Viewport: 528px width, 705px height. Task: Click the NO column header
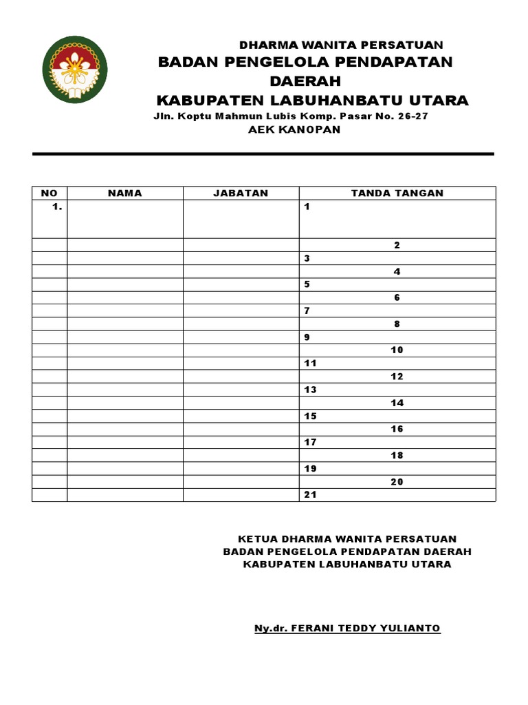click(x=49, y=193)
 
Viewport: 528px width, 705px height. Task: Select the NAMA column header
click(x=125, y=193)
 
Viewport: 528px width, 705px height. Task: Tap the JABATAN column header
click(x=241, y=193)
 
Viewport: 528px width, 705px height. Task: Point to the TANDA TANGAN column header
click(x=397, y=193)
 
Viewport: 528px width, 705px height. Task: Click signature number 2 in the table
click(x=397, y=246)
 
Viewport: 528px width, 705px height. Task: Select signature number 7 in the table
click(x=308, y=311)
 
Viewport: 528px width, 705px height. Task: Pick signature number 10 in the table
click(x=397, y=350)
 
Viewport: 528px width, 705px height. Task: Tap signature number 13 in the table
click(x=310, y=390)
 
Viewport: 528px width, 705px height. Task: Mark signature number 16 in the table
click(x=397, y=430)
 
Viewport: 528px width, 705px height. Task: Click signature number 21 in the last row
click(x=310, y=495)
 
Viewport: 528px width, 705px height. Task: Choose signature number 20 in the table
click(x=397, y=482)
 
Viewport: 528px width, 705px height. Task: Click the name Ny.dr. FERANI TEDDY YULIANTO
click(x=347, y=629)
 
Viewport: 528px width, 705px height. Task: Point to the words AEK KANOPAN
click(x=294, y=129)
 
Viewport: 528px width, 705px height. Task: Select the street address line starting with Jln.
click(x=291, y=116)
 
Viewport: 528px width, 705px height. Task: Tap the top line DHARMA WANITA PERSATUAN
click(x=341, y=45)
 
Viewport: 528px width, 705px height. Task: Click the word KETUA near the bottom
click(x=256, y=539)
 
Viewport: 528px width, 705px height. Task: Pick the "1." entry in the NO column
click(x=56, y=207)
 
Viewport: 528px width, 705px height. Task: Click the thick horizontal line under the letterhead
click(x=263, y=154)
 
